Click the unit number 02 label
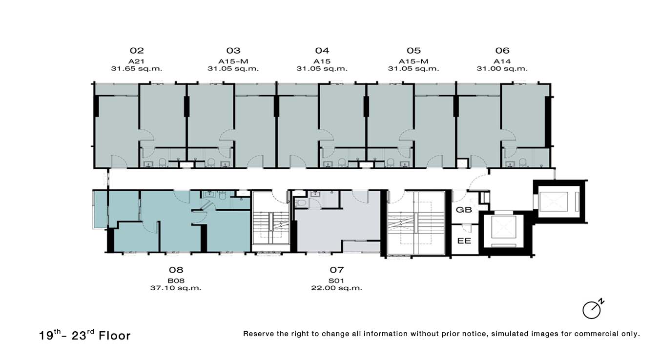click(x=137, y=51)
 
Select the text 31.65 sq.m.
click(x=137, y=69)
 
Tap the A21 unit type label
click(x=136, y=61)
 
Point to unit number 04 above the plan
click(x=322, y=51)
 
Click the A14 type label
click(x=502, y=61)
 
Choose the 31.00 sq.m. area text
click(x=502, y=69)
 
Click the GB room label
click(x=464, y=210)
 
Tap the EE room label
click(x=464, y=241)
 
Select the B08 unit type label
click(x=176, y=280)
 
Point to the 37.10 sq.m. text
click(x=176, y=288)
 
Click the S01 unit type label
click(x=336, y=280)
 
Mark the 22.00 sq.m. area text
click(x=336, y=288)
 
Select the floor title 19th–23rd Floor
click(x=84, y=335)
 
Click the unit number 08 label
click(x=176, y=270)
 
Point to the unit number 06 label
click(x=502, y=51)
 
